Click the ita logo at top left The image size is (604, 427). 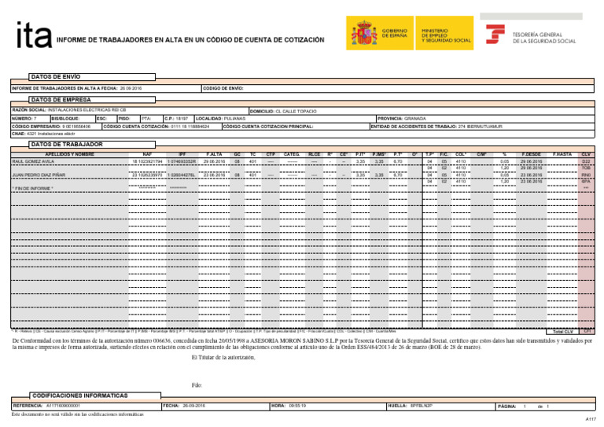[x=34, y=35]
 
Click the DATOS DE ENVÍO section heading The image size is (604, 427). [x=54, y=77]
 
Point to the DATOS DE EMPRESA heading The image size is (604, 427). [x=58, y=101]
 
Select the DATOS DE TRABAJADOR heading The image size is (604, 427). [x=65, y=145]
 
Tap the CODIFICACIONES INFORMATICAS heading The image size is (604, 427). [x=78, y=394]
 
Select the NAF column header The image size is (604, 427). [x=147, y=154]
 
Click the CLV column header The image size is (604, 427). [x=585, y=154]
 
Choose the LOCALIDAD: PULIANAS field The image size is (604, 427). [x=220, y=117]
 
